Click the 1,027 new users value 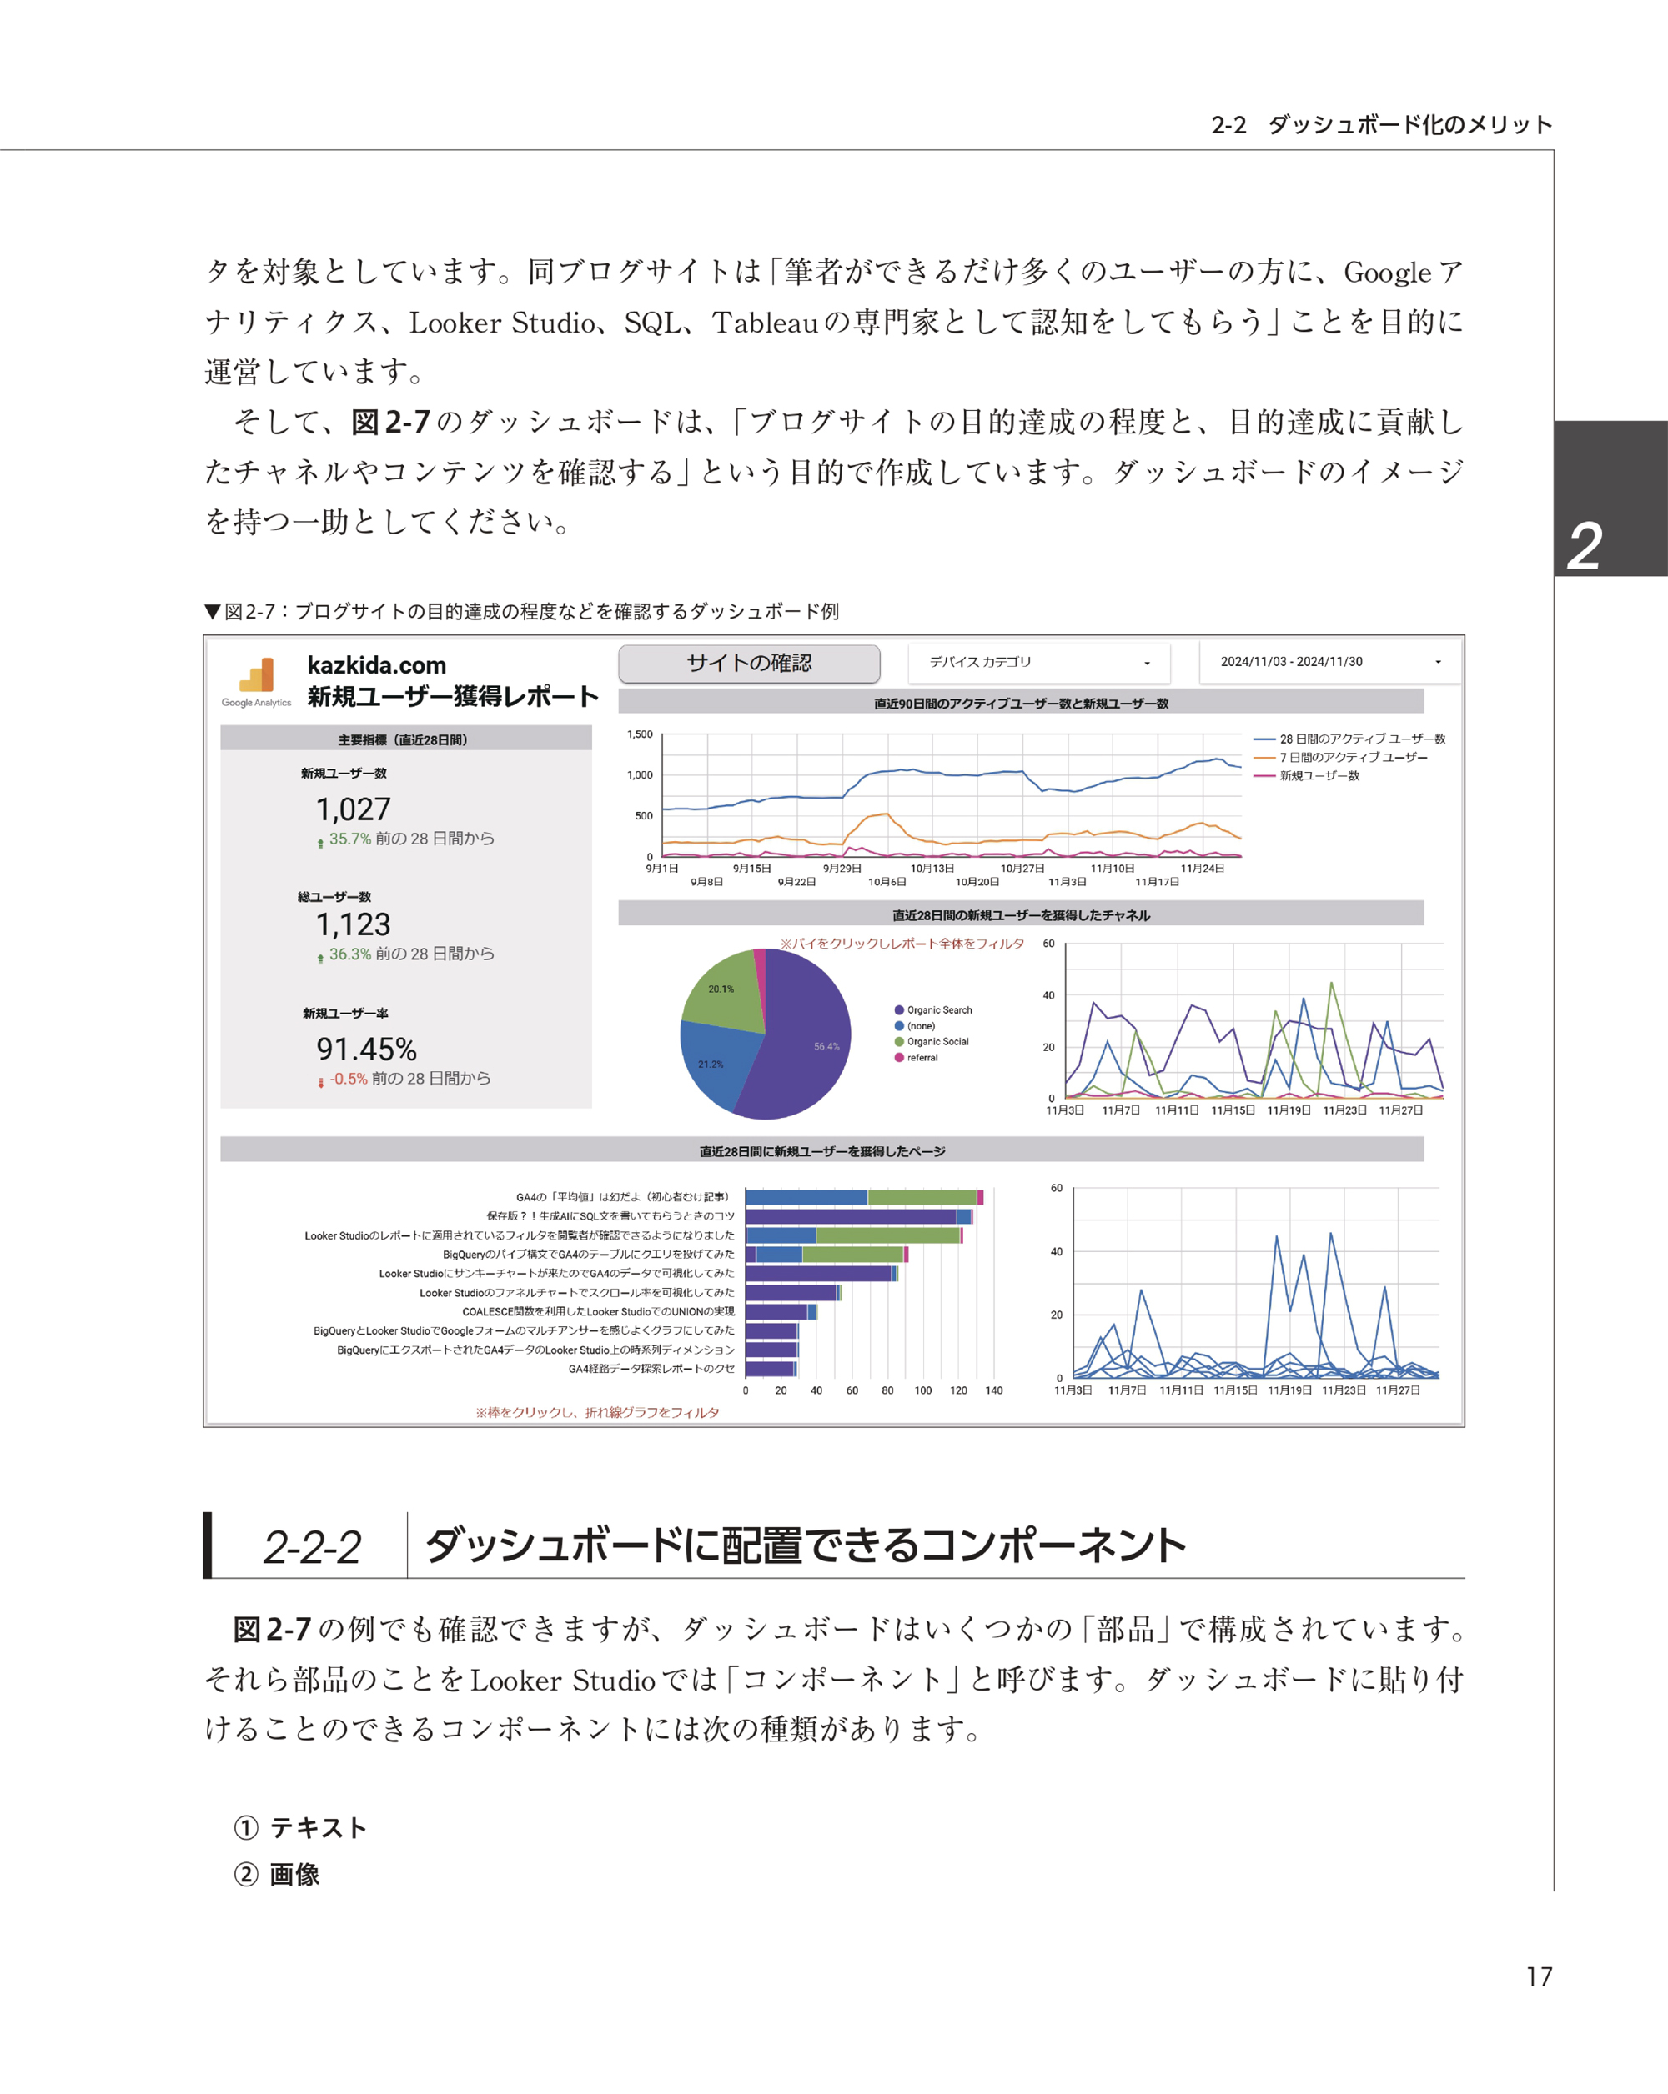coord(353,809)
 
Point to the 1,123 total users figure coord(353,924)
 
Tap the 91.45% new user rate coord(366,1049)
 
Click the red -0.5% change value coord(348,1079)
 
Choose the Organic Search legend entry coord(938,1010)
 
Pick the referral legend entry coord(922,1058)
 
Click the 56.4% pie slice coord(806,1044)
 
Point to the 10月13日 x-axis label coord(932,869)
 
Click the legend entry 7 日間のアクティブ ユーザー coord(1352,758)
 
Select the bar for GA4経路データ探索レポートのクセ coord(771,1370)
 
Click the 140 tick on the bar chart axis coord(994,1390)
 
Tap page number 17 coord(1539,1976)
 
